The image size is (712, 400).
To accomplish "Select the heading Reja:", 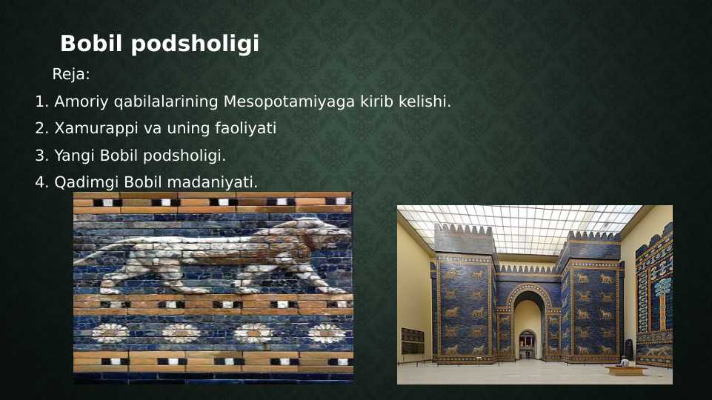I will tap(71, 75).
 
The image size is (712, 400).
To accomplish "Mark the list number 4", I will tap(40, 182).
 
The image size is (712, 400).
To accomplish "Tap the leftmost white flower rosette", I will tap(110, 333).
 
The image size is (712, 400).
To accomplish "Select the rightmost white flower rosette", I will tap(327, 333).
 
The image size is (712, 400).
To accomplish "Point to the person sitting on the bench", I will tap(624, 361).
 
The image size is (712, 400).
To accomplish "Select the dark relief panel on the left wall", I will tap(412, 341).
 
